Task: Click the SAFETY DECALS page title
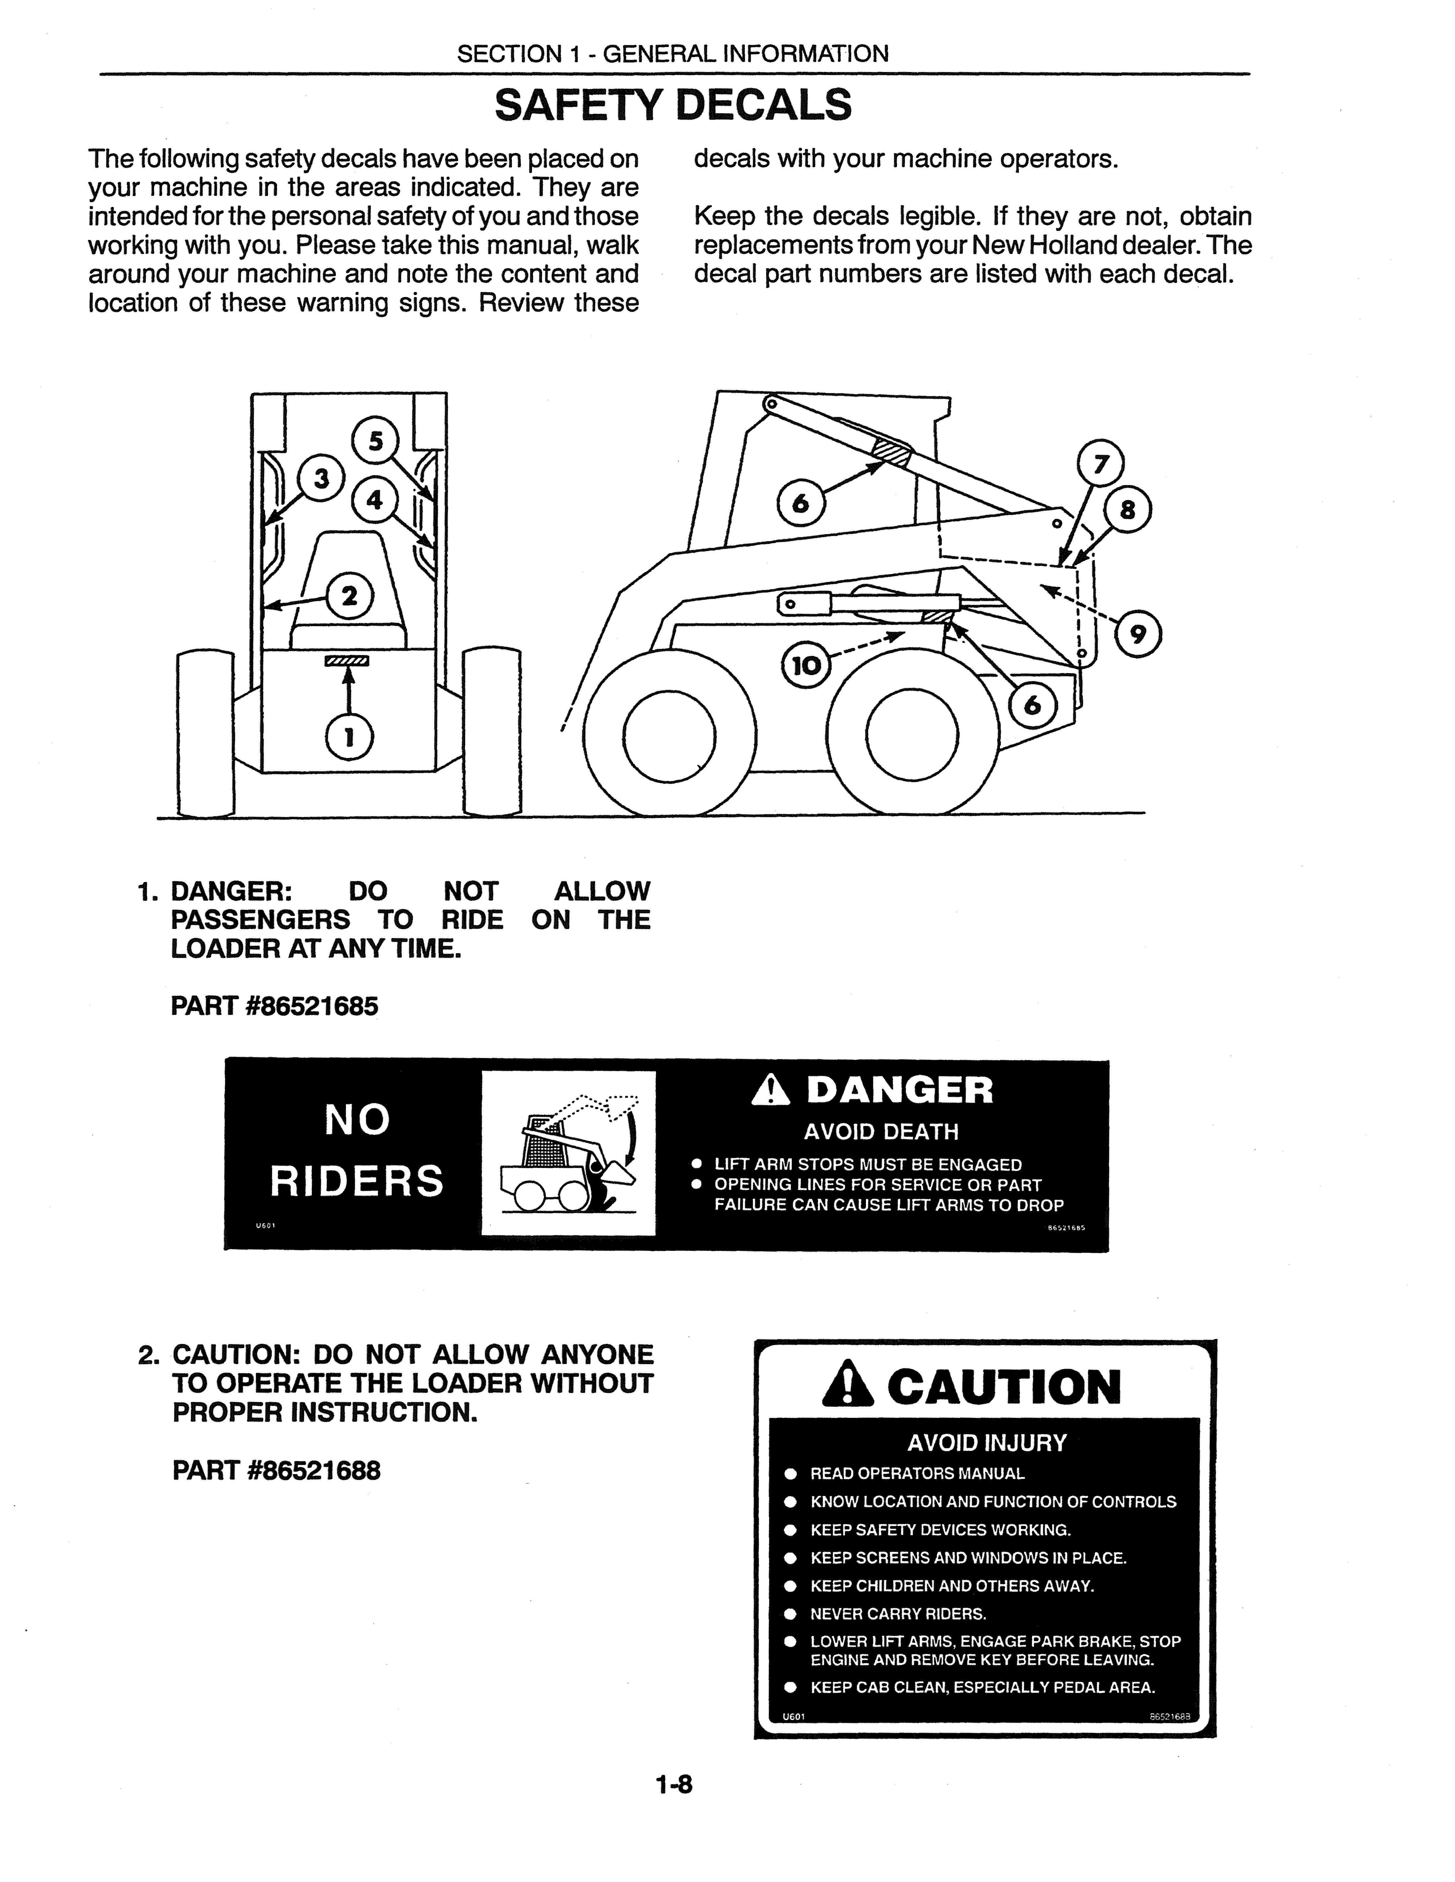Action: click(x=673, y=105)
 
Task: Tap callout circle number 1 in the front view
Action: click(x=349, y=737)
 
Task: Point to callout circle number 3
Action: click(x=320, y=478)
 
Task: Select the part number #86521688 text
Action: click(x=276, y=1469)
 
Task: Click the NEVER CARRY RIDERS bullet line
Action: click(x=898, y=1613)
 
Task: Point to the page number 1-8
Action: click(x=674, y=1784)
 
